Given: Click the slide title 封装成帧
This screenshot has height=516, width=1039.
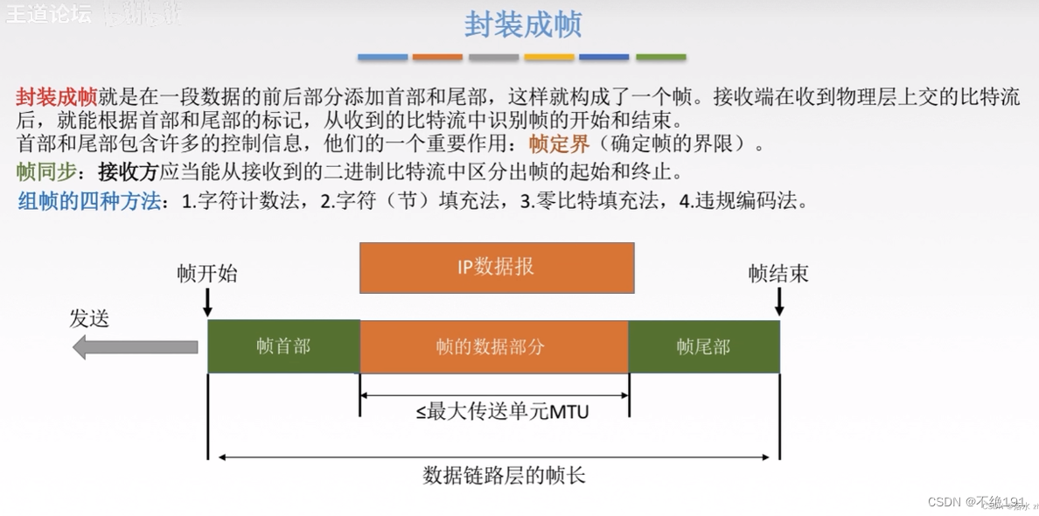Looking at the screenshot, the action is coord(522,24).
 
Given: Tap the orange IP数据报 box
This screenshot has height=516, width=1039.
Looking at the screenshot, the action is coord(497,268).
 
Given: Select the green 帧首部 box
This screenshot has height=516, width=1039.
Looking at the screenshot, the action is coord(283,346).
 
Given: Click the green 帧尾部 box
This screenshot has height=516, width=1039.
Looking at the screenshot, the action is coord(703,346).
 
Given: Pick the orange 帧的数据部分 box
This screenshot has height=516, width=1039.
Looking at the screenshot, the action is coord(493,346).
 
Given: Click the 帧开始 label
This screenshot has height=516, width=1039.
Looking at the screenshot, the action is coord(206,274).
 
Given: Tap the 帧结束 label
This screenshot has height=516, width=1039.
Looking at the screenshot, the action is coord(778,274).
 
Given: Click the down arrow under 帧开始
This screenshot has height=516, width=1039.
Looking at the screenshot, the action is coord(207,302).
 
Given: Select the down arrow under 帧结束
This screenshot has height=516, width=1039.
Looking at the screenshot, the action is coord(779,302).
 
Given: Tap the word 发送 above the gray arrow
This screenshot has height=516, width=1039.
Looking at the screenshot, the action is coord(89,318).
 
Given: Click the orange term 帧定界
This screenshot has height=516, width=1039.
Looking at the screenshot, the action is coord(559,144).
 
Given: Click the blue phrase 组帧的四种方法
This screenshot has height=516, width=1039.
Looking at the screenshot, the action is coord(90,201).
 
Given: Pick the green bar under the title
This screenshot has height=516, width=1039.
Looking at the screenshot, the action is coord(660,58).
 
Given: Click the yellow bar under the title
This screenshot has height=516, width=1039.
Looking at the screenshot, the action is coord(549,58).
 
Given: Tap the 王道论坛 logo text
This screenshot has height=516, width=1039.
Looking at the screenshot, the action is coord(48,15).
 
